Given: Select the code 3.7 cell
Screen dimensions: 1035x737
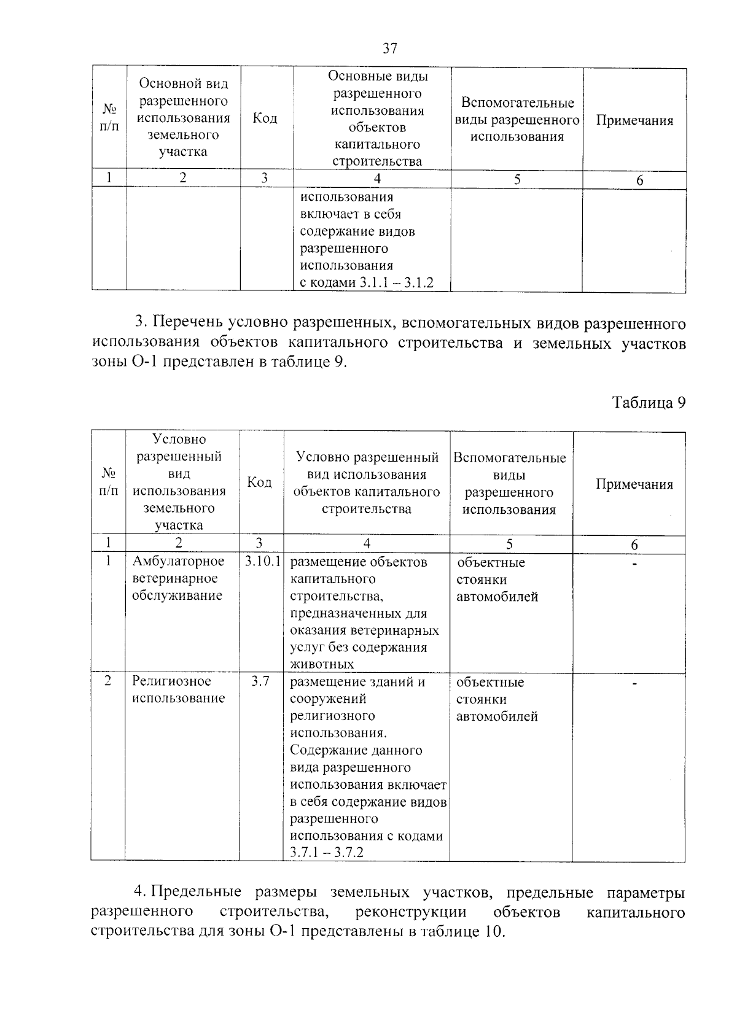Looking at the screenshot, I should [x=260, y=681].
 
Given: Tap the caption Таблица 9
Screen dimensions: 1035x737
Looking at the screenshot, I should [x=649, y=403].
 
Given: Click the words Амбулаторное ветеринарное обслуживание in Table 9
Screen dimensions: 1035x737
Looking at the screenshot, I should [x=178, y=578].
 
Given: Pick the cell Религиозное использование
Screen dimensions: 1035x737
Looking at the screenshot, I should [x=178, y=689].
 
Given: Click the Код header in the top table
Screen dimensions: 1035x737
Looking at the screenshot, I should [x=265, y=118].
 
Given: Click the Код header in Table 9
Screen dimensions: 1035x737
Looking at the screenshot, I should [x=259, y=483].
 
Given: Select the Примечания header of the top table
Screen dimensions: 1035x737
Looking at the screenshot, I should [x=634, y=120].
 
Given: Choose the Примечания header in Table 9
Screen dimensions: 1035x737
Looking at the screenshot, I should [x=634, y=484].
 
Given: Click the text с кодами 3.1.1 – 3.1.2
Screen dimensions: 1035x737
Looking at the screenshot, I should [x=367, y=283].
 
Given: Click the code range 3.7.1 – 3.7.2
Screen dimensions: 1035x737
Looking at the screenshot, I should [x=327, y=853].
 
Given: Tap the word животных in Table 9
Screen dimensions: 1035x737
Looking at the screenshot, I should [x=322, y=664].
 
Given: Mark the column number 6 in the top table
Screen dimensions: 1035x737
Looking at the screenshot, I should [x=639, y=180].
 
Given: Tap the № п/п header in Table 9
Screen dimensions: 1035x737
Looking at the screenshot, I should [x=109, y=482].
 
